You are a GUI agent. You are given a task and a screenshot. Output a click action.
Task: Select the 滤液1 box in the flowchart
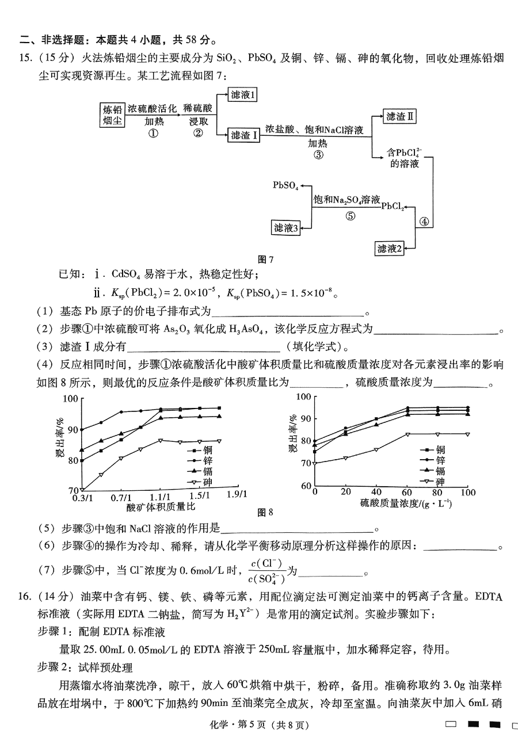point(242,95)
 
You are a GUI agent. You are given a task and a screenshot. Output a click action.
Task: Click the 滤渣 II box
point(400,116)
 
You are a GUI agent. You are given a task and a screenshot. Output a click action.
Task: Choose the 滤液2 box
point(389,249)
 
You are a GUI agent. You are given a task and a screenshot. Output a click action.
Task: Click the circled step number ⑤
point(350,216)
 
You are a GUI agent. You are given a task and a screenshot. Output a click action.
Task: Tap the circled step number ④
point(424,221)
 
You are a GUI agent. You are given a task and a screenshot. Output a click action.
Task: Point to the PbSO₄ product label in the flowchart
point(285,185)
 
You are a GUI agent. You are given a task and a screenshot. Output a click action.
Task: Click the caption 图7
point(266,259)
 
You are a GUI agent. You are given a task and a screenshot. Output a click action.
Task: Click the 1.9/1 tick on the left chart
point(236,494)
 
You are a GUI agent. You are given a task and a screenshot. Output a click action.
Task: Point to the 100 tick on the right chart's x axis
point(467,493)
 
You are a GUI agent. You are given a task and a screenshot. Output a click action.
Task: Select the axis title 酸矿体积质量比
point(161,507)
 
